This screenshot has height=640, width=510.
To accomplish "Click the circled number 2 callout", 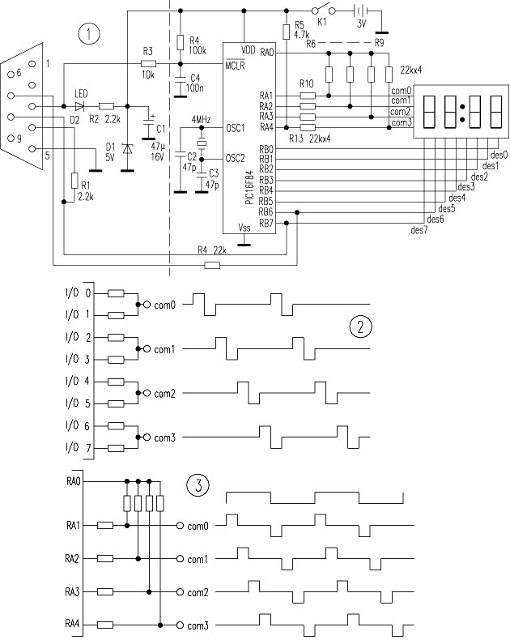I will (360, 326).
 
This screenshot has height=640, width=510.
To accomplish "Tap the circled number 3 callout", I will (198, 486).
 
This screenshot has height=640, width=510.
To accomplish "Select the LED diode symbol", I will (79, 105).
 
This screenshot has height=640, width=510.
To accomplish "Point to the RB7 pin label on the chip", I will (266, 222).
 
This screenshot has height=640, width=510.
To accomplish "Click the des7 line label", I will (419, 231).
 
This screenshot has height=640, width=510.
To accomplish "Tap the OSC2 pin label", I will (235, 157).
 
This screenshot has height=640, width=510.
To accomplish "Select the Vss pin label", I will (246, 228).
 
